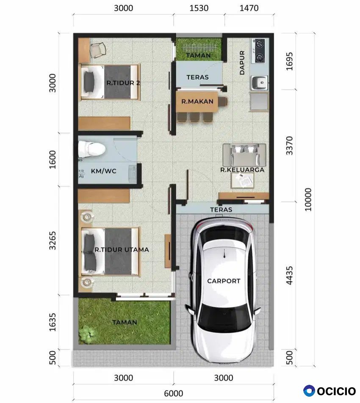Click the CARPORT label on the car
[224, 281]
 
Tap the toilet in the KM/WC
[91, 149]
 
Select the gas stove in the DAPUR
[260, 51]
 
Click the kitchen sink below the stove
[259, 83]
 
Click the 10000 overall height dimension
[308, 199]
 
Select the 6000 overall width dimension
[174, 393]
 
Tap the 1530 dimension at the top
[199, 8]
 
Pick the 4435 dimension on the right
[290, 275]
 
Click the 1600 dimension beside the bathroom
[53, 160]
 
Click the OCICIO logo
[330, 391]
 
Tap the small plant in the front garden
[87, 334]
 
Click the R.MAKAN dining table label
[197, 102]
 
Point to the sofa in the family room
[244, 155]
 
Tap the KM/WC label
[104, 171]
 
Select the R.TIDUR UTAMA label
[122, 250]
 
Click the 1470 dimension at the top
[249, 8]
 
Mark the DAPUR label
[242, 63]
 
